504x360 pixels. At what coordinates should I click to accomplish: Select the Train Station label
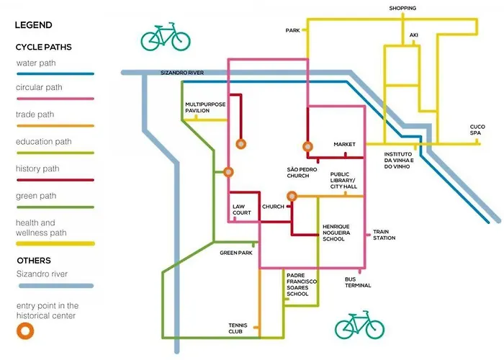pyautogui.click(x=384, y=235)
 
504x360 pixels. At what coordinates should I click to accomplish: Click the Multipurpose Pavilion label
pyautogui.click(x=206, y=109)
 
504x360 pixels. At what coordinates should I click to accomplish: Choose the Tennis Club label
pyautogui.click(x=235, y=328)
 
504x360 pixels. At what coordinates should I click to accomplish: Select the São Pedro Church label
pyautogui.click(x=297, y=172)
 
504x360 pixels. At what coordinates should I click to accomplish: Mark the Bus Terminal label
pyautogui.click(x=358, y=282)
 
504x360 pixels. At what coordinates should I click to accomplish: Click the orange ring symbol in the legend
pyautogui.click(x=27, y=332)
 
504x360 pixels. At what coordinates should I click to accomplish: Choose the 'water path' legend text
pyautogui.click(x=36, y=63)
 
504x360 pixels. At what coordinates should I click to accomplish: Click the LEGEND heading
pyautogui.click(x=34, y=24)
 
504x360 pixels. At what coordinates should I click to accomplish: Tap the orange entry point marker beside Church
pyautogui.click(x=292, y=196)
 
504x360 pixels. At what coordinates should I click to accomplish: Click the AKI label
pyautogui.click(x=413, y=35)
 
